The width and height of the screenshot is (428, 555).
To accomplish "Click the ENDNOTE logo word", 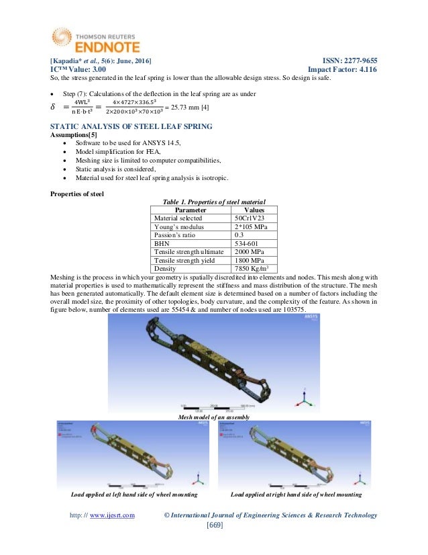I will (97, 47).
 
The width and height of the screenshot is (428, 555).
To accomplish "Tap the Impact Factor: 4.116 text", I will (341, 69).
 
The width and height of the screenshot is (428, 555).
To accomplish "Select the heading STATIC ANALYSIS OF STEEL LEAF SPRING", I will (133, 126).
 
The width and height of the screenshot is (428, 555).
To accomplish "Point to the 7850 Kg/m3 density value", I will (254, 267).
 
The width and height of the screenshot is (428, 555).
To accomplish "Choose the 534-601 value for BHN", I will (247, 247).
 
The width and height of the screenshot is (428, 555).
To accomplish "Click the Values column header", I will (254, 209).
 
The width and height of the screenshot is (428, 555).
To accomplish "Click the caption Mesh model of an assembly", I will (213, 417).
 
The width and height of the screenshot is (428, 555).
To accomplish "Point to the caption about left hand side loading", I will (133, 495).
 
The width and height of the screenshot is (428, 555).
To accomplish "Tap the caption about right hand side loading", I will (296, 495).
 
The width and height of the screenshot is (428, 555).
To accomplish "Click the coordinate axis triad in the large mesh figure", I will (305, 396).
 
